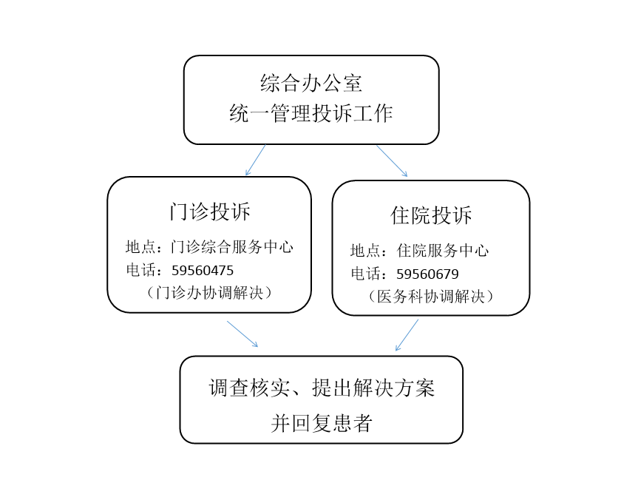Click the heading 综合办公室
tap(311, 83)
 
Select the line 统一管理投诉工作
tap(311, 113)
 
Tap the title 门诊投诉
tap(209, 212)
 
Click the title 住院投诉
tap(431, 215)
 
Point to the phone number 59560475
tap(203, 271)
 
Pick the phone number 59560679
tap(427, 274)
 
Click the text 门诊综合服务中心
tap(232, 247)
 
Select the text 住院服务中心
tap(443, 251)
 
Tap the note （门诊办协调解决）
tap(209, 293)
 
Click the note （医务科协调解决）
tap(431, 297)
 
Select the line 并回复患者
tap(322, 423)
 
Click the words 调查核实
tap(250, 388)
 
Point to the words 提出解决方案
tap(373, 388)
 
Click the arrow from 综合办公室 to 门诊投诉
tap(256, 160)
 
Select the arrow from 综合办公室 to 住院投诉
tap(392, 161)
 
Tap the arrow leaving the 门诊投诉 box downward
tap(242, 334)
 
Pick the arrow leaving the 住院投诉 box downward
tap(407, 335)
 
